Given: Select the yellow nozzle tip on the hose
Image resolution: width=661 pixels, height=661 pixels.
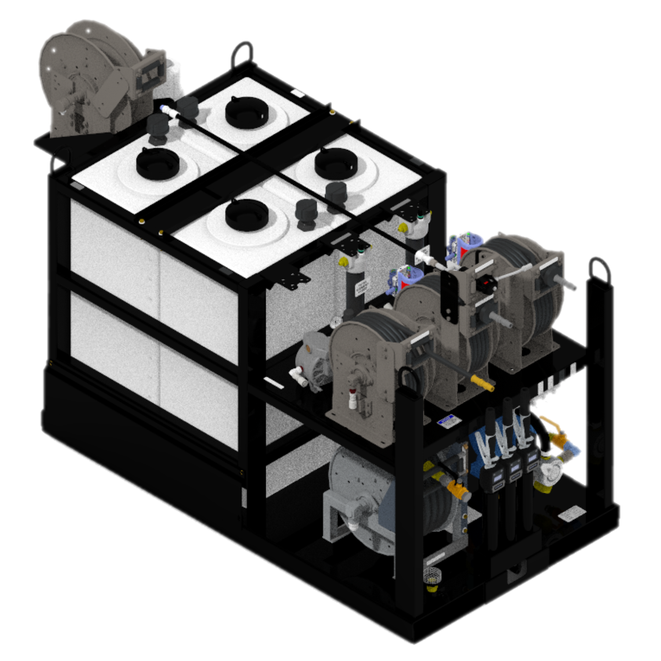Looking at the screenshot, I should tap(482, 383).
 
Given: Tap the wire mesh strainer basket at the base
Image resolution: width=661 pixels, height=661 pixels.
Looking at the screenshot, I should tap(433, 575).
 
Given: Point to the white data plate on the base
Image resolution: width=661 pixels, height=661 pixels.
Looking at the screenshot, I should tap(571, 513).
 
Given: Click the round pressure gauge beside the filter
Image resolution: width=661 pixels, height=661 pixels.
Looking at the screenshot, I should tap(336, 321).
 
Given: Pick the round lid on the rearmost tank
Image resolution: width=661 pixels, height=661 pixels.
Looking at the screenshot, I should tap(246, 113).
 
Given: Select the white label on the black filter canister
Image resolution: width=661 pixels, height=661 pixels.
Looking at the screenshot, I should tap(361, 288).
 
